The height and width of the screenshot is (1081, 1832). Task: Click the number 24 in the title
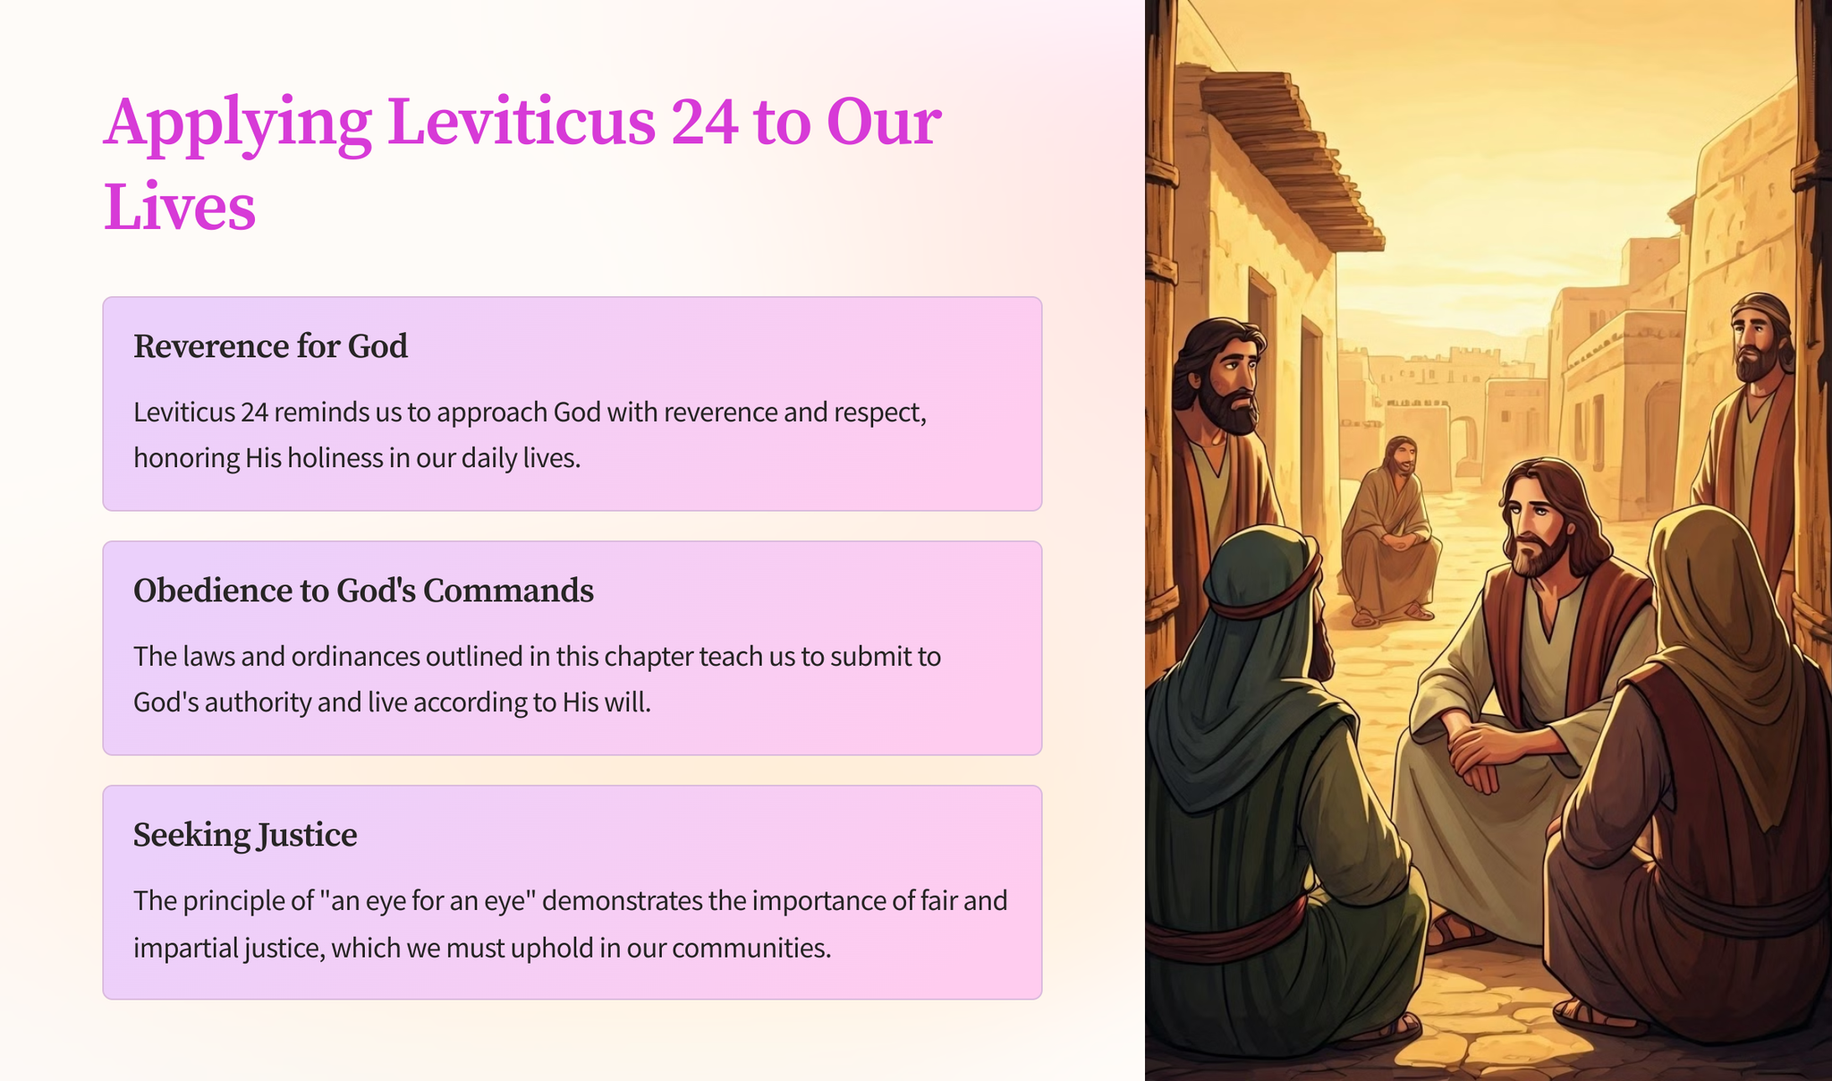pos(705,122)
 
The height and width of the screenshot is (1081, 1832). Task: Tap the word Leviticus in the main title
pos(522,122)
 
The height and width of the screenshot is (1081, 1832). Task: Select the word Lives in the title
pos(180,207)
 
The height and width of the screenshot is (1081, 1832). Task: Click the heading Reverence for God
pos(270,346)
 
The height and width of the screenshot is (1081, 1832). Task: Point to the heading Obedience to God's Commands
pos(363,591)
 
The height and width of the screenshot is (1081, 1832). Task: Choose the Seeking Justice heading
pos(245,835)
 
